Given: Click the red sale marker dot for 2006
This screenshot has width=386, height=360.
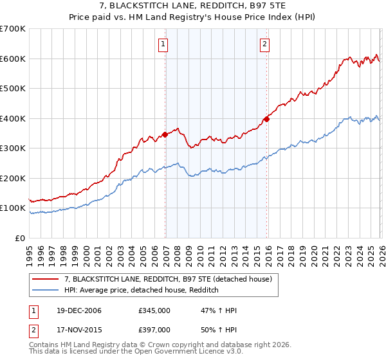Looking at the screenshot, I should pos(165,134).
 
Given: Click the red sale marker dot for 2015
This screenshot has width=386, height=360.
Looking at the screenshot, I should pos(266,119).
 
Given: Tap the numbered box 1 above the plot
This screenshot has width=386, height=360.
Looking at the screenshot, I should pos(163,44).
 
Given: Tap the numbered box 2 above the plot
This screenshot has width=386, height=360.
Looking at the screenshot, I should pos(264,44).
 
